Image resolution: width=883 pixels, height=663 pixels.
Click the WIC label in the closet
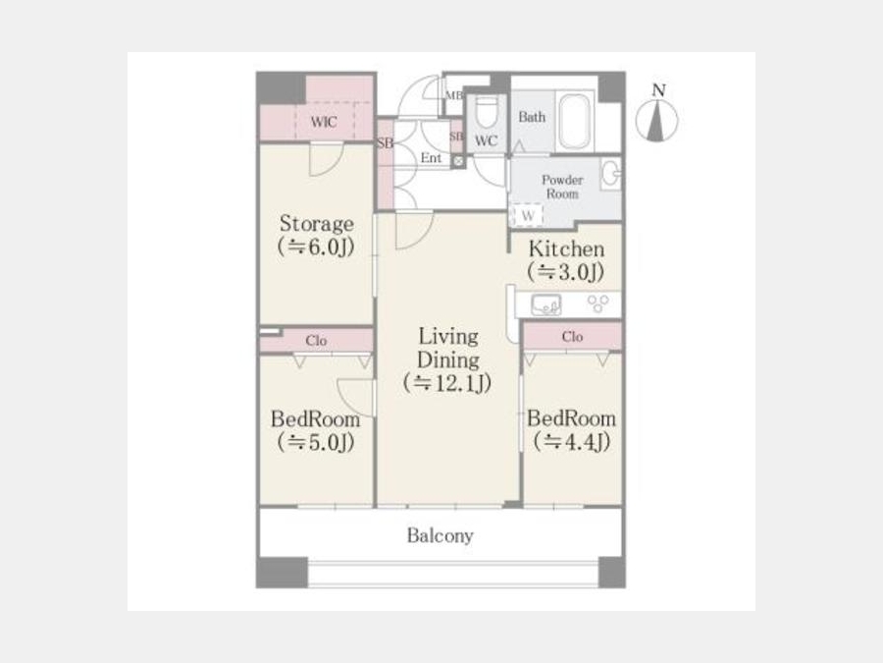(x=324, y=122)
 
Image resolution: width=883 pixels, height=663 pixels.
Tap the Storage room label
(x=317, y=224)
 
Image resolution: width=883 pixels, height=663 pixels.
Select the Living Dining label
(x=448, y=349)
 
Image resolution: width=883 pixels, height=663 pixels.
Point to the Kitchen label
(x=566, y=249)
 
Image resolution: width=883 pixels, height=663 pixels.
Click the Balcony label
(x=440, y=535)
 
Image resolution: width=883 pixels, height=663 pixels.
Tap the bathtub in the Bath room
(x=574, y=121)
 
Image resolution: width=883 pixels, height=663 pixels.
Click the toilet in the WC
(x=486, y=113)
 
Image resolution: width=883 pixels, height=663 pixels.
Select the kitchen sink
(x=545, y=305)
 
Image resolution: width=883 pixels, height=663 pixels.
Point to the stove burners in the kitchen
(x=598, y=304)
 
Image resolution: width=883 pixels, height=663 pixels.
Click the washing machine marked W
(x=527, y=215)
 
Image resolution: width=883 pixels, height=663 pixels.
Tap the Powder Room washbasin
(x=610, y=174)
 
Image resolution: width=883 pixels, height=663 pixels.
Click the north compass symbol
(x=656, y=120)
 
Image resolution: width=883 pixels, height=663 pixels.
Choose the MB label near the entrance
(x=454, y=95)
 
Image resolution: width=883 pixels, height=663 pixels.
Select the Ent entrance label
(x=431, y=158)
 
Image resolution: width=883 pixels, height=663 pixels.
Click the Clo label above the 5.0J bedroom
(x=316, y=341)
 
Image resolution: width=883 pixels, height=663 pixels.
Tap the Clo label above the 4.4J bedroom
(x=572, y=337)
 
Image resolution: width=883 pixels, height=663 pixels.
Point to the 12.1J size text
(x=447, y=383)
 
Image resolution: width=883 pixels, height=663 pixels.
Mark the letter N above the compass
(x=658, y=90)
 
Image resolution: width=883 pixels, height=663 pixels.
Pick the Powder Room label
(x=562, y=187)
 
